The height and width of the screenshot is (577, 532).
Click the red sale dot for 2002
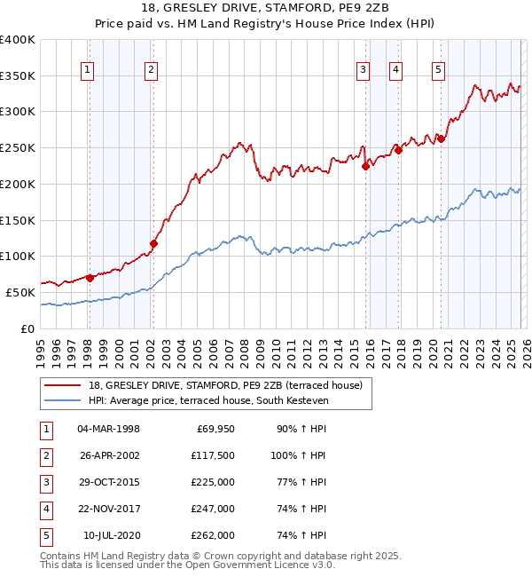153,243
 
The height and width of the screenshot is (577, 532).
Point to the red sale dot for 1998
90,278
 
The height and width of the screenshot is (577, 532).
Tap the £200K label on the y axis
18,184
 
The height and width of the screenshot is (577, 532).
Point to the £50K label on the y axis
21,292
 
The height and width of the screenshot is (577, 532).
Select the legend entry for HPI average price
208,401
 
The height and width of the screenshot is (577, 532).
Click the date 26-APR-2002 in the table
108,455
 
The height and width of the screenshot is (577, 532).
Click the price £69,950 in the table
213,429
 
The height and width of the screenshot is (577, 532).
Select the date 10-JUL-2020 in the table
111,535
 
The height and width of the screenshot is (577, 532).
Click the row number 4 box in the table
45,509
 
